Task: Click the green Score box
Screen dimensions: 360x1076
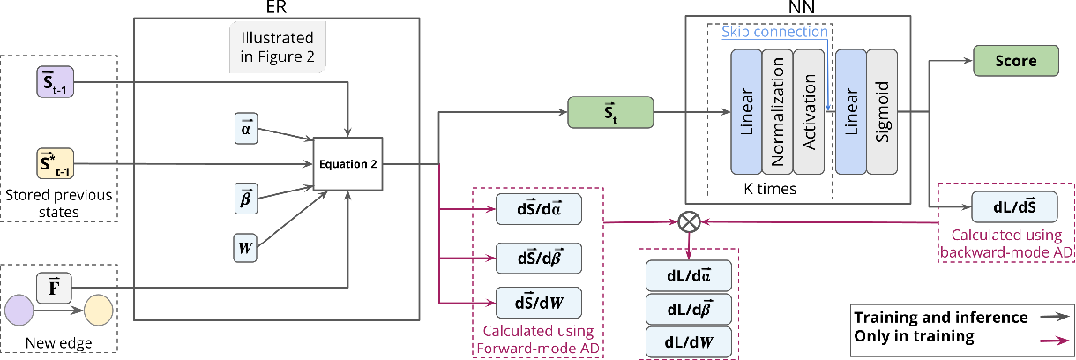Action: (1016, 62)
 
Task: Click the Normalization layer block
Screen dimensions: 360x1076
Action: (777, 111)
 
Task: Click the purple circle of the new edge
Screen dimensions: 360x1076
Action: (20, 311)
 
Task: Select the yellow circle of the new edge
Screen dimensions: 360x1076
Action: (99, 311)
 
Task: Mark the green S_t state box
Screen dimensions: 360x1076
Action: (609, 113)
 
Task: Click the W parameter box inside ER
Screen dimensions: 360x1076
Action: (245, 249)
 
